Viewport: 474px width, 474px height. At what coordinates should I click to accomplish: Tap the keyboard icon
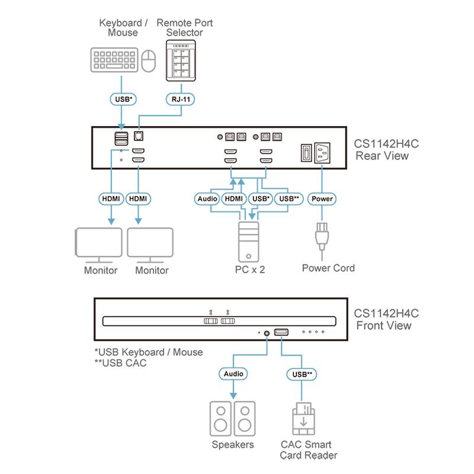pos(114,60)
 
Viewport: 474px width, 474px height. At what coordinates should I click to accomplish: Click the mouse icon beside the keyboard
pos(148,60)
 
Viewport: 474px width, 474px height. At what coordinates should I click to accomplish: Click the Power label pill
pos(322,199)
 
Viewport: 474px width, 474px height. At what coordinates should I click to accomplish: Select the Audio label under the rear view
pos(207,199)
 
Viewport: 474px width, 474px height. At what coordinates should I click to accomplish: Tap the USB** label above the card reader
pos(302,374)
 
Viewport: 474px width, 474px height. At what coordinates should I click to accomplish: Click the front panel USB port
pos(281,333)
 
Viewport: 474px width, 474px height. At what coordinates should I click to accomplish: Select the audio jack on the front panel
pos(267,333)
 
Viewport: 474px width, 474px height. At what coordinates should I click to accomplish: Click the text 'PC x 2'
pos(249,270)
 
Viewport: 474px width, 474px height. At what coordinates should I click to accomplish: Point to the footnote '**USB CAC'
pos(120,363)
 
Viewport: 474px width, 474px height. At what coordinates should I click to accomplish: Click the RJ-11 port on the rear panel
pos(140,136)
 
